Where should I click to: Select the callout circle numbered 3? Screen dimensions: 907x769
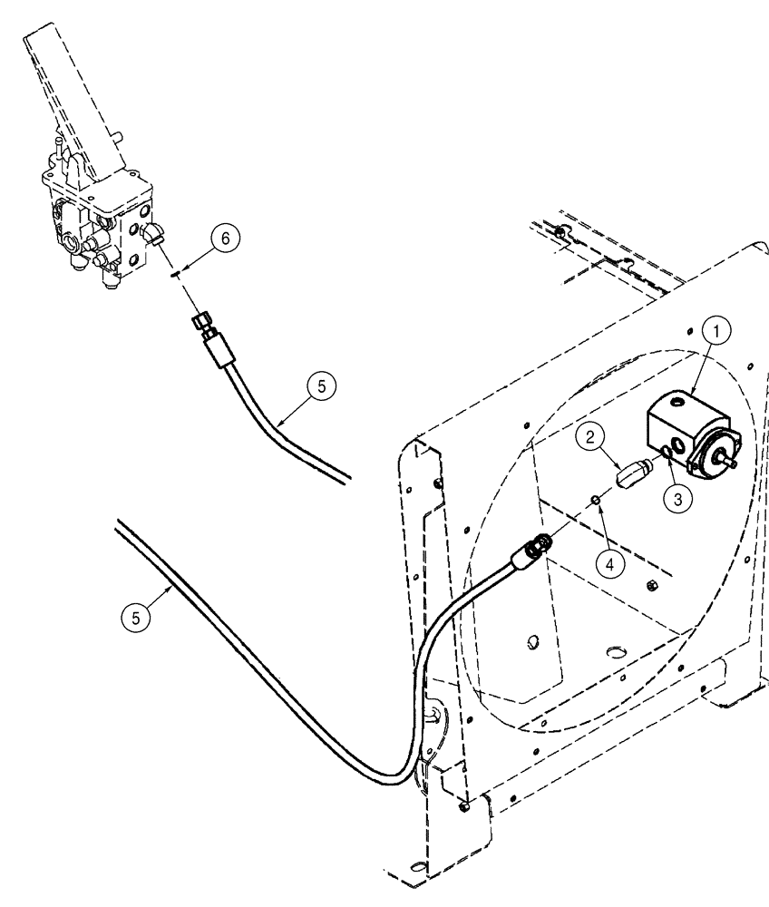click(x=675, y=496)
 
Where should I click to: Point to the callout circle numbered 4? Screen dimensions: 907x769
click(x=610, y=562)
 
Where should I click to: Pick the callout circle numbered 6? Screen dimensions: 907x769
click(x=227, y=238)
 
